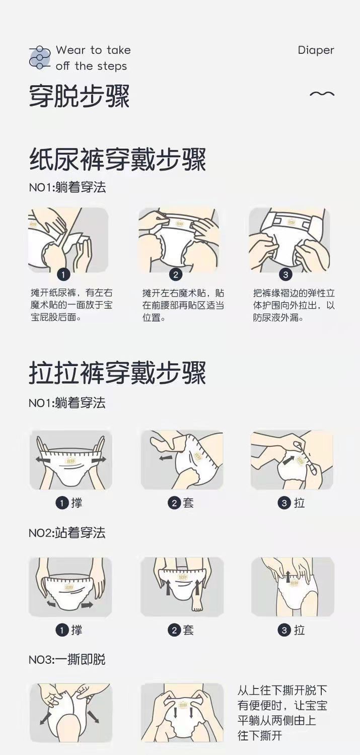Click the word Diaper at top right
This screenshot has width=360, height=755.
click(x=316, y=50)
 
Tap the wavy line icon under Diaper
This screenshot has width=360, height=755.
click(x=322, y=94)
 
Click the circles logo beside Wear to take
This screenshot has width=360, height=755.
click(x=40, y=57)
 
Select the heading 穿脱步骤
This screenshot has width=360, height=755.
click(x=79, y=96)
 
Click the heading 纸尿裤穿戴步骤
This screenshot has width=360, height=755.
click(x=117, y=160)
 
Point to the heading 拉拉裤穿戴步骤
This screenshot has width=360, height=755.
click(x=117, y=373)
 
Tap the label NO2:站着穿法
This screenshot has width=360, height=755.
click(x=67, y=533)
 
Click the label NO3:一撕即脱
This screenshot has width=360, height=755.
click(x=67, y=659)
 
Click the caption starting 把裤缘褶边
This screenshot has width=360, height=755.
click(x=294, y=305)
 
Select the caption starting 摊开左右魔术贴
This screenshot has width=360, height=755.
click(x=183, y=305)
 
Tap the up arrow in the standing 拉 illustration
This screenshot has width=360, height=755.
click(x=289, y=576)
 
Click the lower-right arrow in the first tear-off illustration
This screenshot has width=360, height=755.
click(x=93, y=716)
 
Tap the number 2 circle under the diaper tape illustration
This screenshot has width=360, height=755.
click(x=175, y=274)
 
